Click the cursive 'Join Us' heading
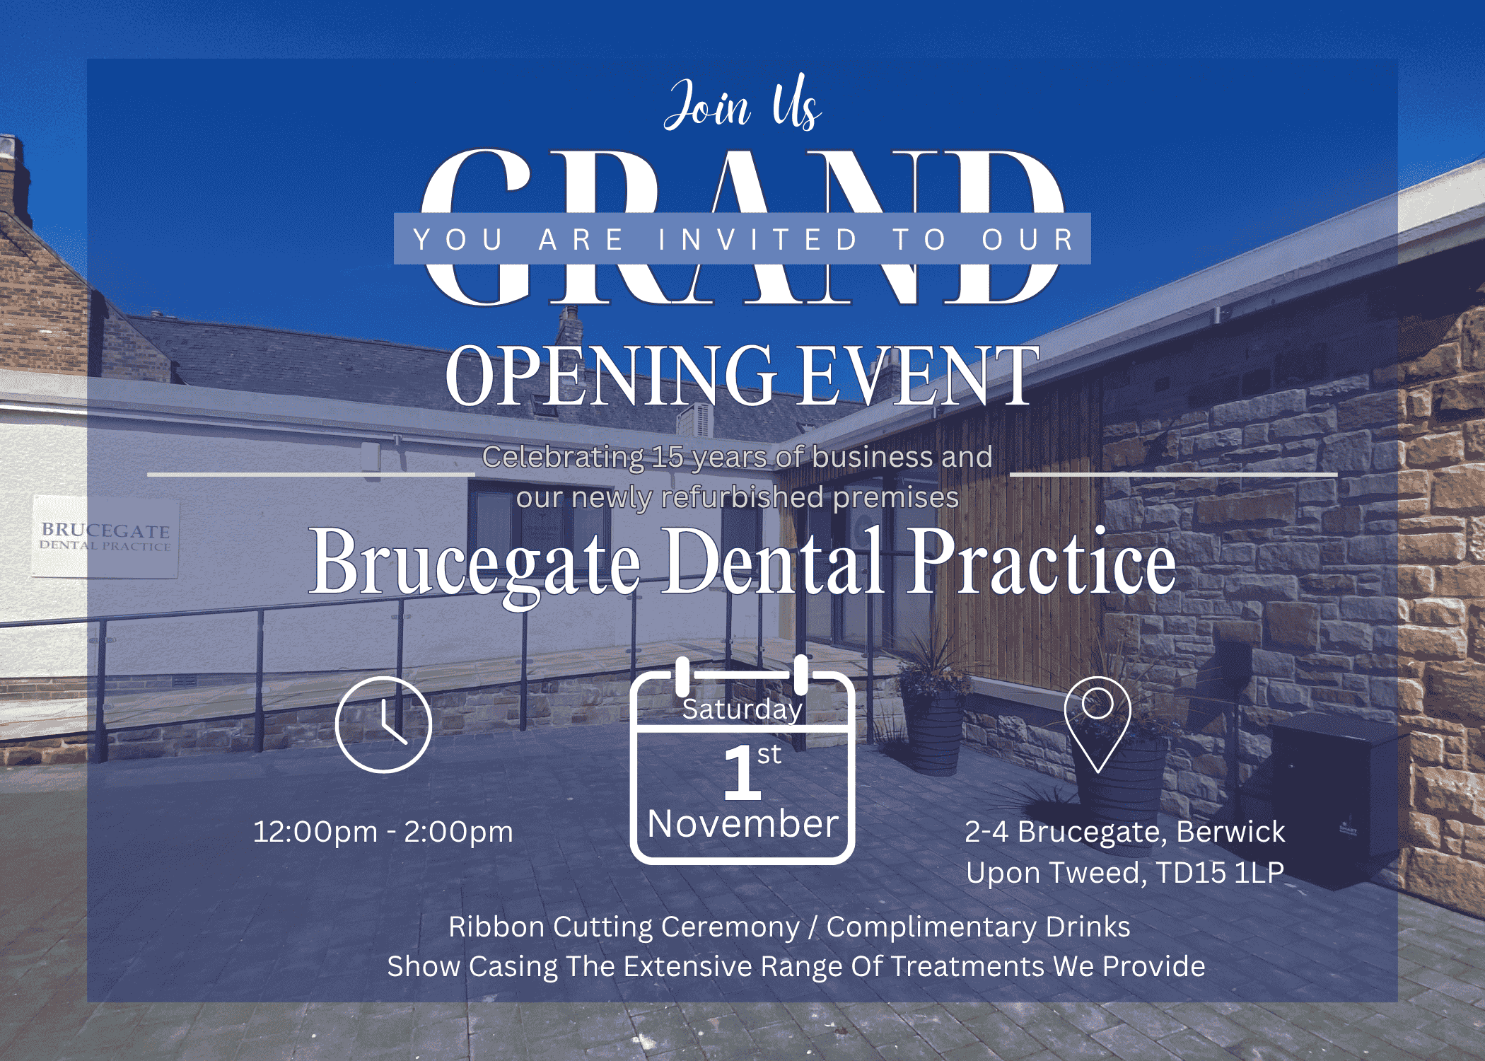coord(742,105)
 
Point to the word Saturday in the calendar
coord(742,709)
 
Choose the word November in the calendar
coord(742,824)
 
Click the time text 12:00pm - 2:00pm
coord(383,832)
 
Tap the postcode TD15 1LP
coord(1220,872)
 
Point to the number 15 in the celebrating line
coord(668,457)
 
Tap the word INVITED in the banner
coord(758,239)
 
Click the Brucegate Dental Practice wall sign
coord(105,537)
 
